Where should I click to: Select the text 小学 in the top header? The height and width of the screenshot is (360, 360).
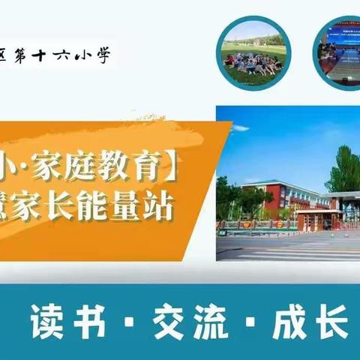point(96,56)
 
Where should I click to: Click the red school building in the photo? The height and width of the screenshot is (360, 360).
point(277,199)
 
